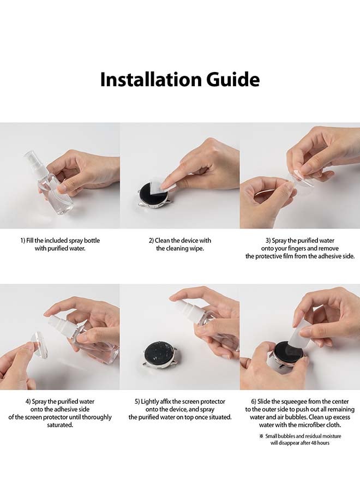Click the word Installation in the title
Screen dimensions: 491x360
(x=151, y=80)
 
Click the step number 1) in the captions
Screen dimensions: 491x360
(x=23, y=241)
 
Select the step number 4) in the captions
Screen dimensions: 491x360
(x=28, y=401)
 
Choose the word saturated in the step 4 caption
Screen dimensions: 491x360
(x=60, y=425)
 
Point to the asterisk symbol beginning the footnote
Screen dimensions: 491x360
(x=261, y=435)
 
